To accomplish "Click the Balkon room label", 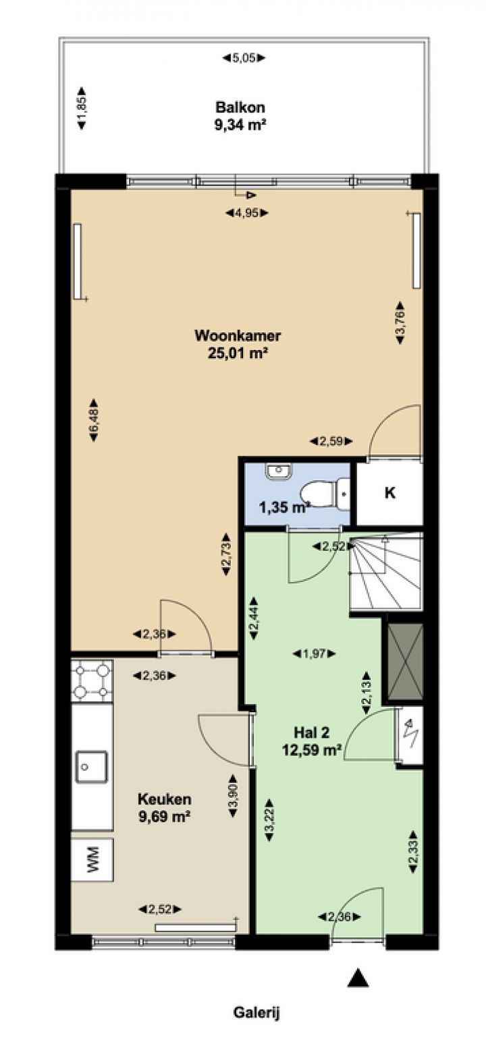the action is point(240,107).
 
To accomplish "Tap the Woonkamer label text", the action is point(238,335).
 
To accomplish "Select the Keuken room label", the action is point(164,799).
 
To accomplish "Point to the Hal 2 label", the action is point(311,732).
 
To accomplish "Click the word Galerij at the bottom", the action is point(256,1013).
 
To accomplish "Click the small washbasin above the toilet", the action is point(279,471).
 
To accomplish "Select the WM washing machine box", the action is point(92,859).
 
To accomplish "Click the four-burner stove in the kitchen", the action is point(92,681).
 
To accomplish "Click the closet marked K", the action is point(389,493).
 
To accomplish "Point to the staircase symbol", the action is point(386,573).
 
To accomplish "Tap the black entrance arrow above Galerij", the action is point(358,977).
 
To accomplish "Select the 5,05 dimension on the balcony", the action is point(244,58).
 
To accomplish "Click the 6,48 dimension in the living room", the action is point(94,419).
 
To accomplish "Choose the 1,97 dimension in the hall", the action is point(315,654).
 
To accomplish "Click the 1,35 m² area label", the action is point(285,507).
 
